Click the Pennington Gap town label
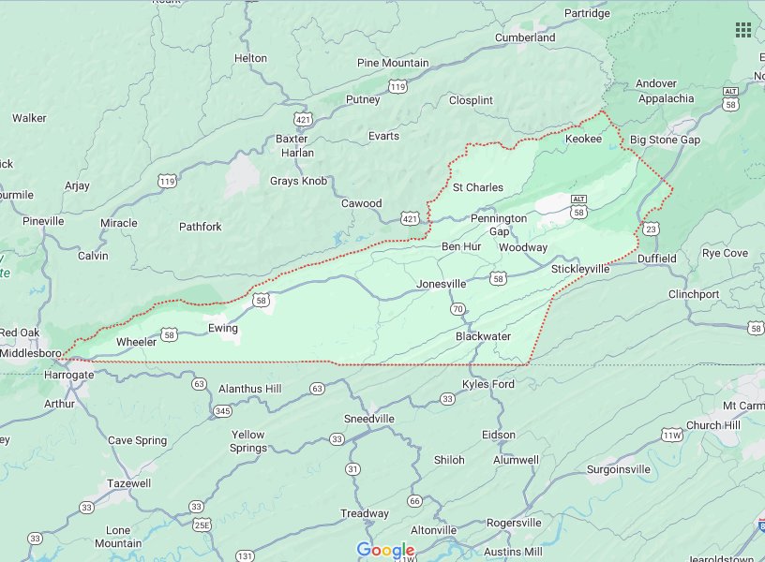pos(499,225)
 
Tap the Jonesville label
pos(441,284)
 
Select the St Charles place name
pos(477,187)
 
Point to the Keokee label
pos(583,139)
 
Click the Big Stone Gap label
pos(665,140)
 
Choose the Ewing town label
pos(223,329)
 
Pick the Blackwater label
pos(483,336)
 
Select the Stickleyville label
pos(580,269)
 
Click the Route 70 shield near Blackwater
pos(457,309)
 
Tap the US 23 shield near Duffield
pos(651,228)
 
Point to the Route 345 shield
pos(222,410)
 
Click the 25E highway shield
pos(202,525)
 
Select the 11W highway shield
pos(671,436)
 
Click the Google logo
pos(385,550)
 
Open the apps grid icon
pos(743,30)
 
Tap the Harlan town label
pos(297,153)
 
